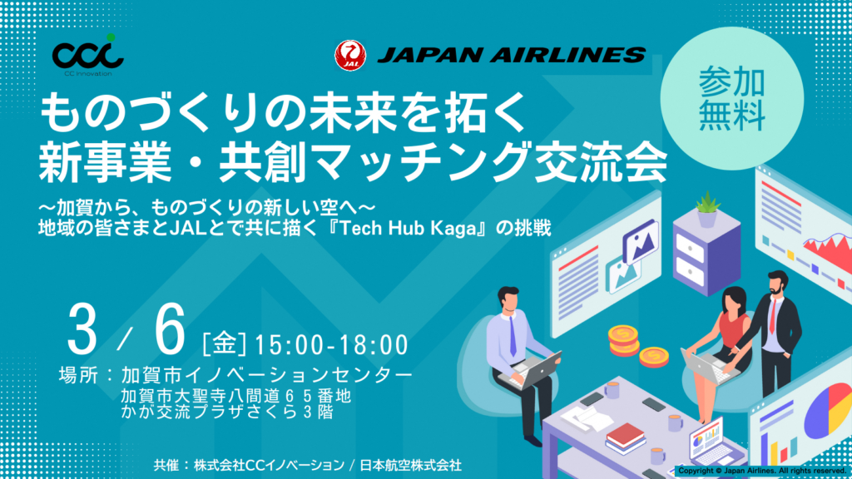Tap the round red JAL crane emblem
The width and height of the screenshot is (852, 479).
(x=348, y=55)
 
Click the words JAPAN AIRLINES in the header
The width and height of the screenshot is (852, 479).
(x=511, y=55)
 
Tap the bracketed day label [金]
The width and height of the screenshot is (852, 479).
(x=227, y=343)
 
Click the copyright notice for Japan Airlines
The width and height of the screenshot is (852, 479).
(x=760, y=471)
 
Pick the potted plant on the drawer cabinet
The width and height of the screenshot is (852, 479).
(x=706, y=208)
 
